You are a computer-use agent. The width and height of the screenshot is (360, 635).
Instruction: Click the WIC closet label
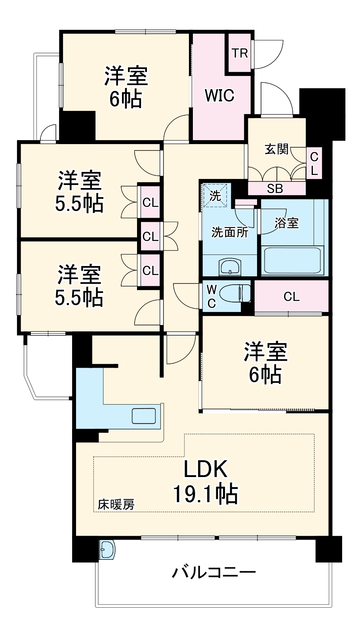[x=219, y=95]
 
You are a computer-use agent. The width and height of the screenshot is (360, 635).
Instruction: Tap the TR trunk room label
[x=240, y=53]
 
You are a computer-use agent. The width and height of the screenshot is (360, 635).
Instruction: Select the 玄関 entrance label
[x=276, y=149]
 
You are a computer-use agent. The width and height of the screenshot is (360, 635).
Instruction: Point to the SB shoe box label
[x=275, y=189]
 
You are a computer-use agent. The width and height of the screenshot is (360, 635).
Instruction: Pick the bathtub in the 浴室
[x=293, y=260]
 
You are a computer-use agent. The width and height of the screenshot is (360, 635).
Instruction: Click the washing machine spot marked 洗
[x=215, y=195]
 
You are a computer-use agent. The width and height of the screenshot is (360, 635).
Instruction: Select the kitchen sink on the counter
[x=143, y=416]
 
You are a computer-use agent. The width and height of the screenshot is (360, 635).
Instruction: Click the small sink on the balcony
[x=107, y=549]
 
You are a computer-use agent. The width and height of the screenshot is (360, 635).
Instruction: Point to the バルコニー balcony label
[x=214, y=572]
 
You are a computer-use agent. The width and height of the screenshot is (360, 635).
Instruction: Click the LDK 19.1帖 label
[x=206, y=481]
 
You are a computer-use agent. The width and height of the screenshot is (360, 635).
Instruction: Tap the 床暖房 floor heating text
[x=116, y=504]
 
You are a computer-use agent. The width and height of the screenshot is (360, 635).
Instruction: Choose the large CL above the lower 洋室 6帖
[x=291, y=297]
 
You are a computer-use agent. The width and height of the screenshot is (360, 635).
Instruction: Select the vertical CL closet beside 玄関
[x=314, y=163]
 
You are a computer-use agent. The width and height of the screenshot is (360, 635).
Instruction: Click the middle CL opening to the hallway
[x=150, y=236]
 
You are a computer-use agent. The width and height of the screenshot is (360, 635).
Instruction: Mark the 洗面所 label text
[x=230, y=232]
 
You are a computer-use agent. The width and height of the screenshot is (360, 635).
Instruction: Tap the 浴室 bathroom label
[x=287, y=222]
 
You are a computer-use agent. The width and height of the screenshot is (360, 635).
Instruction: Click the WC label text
[x=211, y=297]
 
